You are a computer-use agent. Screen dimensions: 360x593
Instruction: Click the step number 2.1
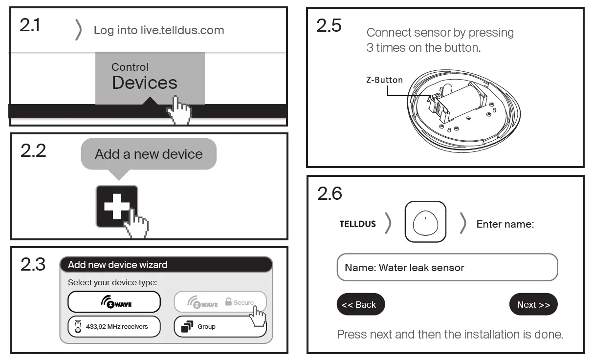tap(30, 25)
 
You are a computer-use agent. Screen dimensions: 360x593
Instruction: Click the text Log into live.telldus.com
tap(158, 30)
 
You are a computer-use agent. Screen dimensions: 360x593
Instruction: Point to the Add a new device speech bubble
tap(148, 154)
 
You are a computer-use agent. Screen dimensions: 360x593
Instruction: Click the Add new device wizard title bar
tap(166, 265)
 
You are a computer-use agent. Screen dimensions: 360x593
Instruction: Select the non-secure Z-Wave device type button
tap(114, 302)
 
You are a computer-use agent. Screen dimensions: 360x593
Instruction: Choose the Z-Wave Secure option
tap(220, 302)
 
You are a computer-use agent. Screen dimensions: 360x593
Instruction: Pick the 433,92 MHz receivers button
tap(114, 326)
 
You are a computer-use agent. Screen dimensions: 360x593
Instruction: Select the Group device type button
tap(220, 326)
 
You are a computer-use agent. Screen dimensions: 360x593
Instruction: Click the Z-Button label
tap(384, 80)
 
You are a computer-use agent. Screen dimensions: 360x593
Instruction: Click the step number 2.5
tap(329, 25)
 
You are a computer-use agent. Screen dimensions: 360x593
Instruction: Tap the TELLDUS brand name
tap(357, 224)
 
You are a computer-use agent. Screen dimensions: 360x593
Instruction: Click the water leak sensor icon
tap(425, 222)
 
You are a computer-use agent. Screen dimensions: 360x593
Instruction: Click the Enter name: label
tap(505, 224)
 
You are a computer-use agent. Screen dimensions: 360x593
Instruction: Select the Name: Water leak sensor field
tap(447, 268)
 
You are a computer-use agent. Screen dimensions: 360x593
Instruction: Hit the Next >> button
tap(533, 305)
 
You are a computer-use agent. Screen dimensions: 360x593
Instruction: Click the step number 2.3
tap(33, 264)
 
